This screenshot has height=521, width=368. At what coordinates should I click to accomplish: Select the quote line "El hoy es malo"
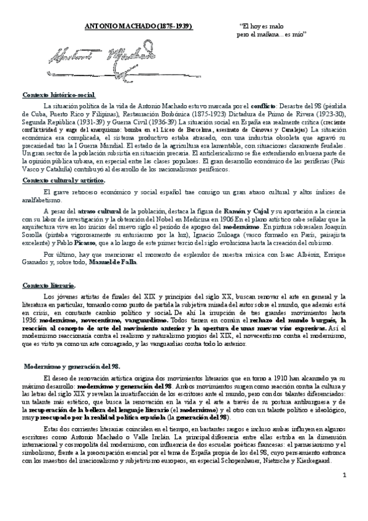pos(262,28)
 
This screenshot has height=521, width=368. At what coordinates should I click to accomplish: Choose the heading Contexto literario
pos(49,286)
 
